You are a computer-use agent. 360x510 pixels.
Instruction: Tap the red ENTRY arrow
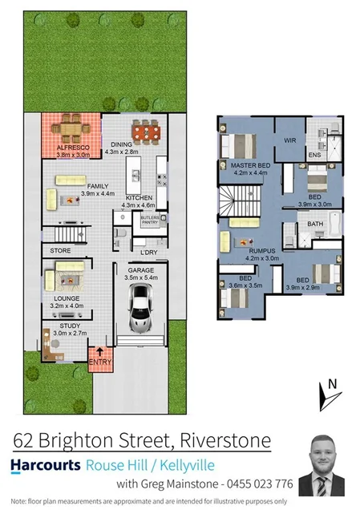(x=100, y=354)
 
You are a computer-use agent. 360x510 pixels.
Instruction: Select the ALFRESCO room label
(x=71, y=149)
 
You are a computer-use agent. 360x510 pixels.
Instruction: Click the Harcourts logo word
(x=46, y=465)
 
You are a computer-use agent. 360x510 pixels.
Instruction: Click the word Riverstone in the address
(x=227, y=440)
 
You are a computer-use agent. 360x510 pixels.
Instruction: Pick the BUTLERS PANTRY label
(x=150, y=219)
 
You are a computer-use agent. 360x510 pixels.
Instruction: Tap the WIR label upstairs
(x=289, y=140)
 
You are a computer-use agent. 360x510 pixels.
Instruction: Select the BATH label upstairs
(x=315, y=224)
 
